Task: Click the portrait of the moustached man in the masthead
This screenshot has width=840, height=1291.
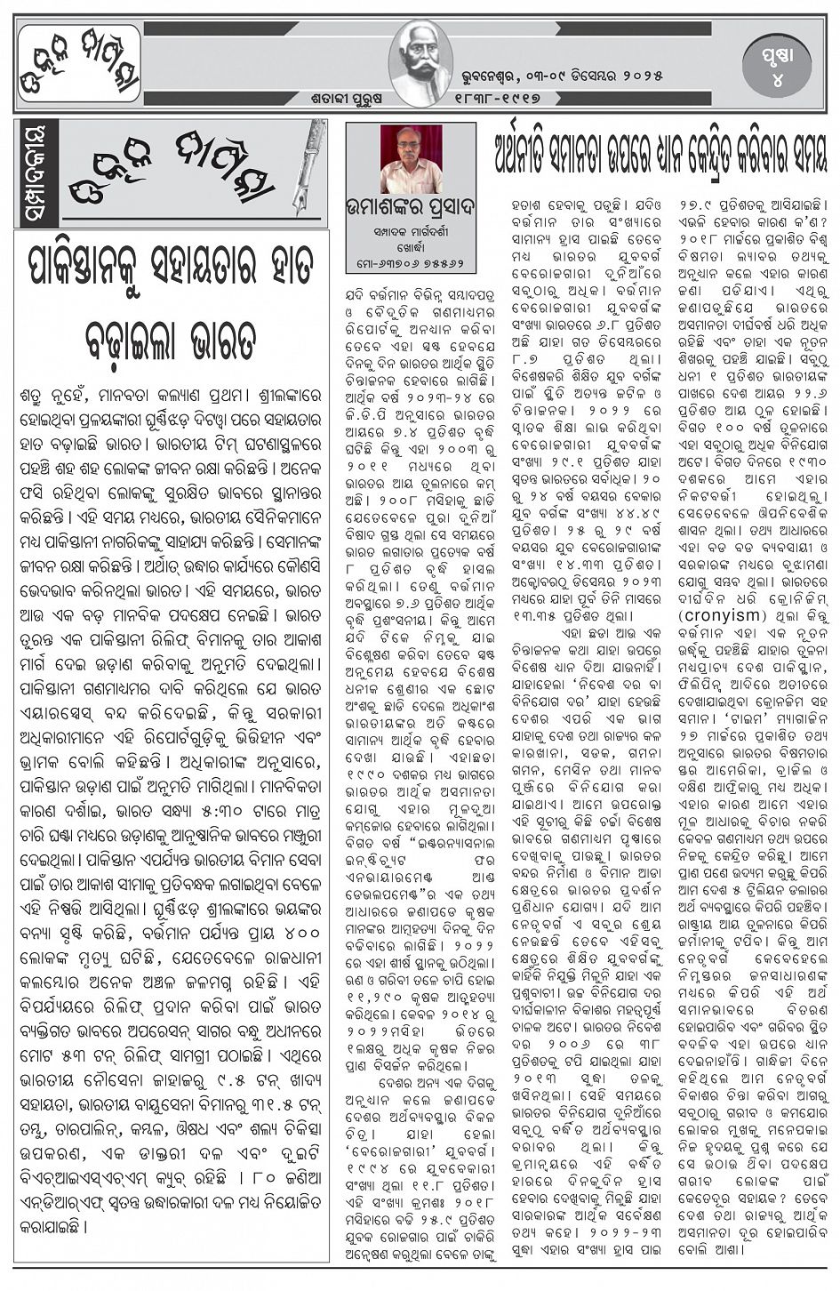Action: pos(420,58)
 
